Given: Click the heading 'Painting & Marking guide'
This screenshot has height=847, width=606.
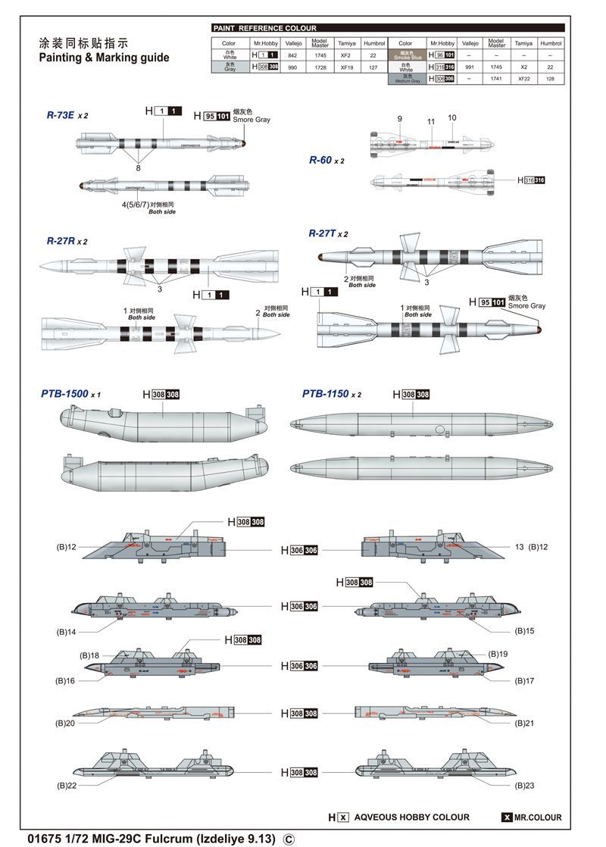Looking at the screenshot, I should [104, 58].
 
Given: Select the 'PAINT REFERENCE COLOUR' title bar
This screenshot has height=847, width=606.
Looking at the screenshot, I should [264, 28].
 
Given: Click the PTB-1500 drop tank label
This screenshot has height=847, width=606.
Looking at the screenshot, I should [65, 394].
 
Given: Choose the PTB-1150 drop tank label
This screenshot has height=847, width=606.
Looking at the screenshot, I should [326, 394].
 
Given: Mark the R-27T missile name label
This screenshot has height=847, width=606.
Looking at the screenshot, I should [322, 233].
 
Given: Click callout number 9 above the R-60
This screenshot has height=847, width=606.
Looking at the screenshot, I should [399, 119].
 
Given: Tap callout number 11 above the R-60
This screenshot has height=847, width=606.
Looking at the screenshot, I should [431, 121].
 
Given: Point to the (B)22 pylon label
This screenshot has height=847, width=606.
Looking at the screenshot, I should [67, 785].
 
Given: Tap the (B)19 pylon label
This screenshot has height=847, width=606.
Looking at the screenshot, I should [498, 653].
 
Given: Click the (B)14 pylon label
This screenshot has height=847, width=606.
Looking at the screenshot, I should [67, 631].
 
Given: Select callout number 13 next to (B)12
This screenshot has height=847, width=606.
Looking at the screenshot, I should [519, 546].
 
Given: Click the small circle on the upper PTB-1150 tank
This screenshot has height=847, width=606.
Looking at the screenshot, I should [439, 429].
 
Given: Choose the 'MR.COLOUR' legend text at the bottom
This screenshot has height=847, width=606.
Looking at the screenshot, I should [538, 817].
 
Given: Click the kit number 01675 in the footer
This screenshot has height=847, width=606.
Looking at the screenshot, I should [42, 839].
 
